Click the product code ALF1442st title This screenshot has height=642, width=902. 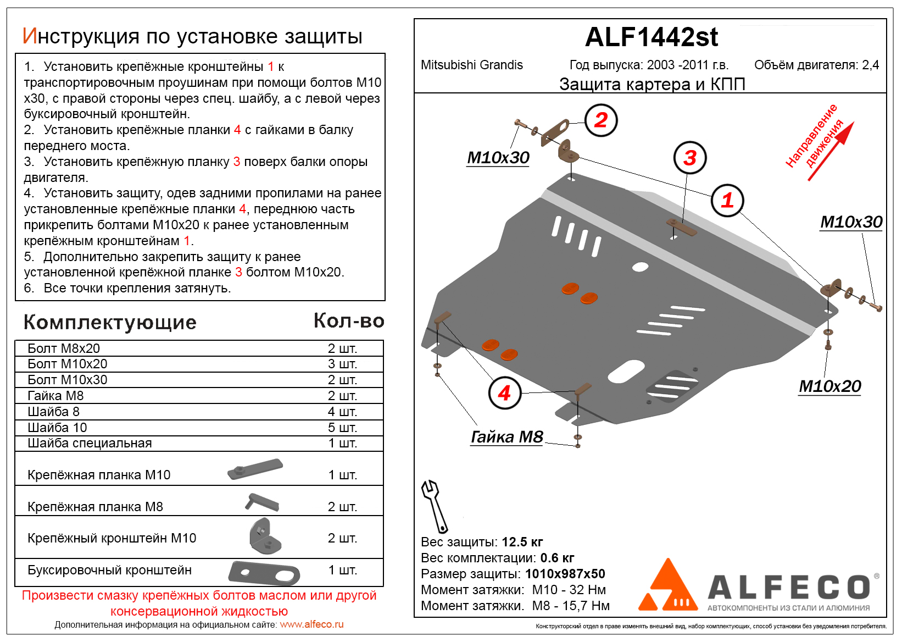[x=651, y=37]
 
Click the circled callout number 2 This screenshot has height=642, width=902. [x=601, y=120]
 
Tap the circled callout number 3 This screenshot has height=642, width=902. [x=690, y=158]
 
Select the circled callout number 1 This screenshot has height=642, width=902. [x=727, y=200]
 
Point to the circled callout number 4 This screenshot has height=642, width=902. [x=504, y=392]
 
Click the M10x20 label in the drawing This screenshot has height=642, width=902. [x=829, y=386]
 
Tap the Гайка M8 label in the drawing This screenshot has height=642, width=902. [x=506, y=437]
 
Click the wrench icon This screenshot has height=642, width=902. [x=434, y=506]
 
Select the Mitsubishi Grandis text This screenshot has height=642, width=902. [x=471, y=65]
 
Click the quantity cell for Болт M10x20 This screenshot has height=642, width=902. [x=342, y=364]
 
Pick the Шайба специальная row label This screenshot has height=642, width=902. [x=90, y=443]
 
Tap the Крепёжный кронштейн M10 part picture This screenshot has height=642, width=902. [x=265, y=536]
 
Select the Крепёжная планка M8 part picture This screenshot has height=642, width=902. [x=262, y=502]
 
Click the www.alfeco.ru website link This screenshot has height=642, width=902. [x=311, y=624]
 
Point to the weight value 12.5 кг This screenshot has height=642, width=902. [x=522, y=542]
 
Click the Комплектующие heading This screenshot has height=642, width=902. [x=110, y=322]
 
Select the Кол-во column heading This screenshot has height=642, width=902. [x=349, y=320]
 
